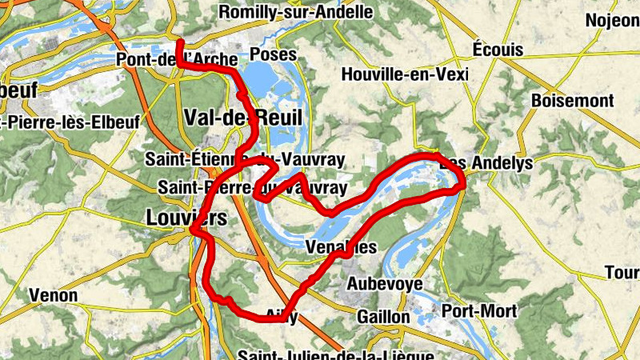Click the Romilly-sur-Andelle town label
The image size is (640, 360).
(x=295, y=12)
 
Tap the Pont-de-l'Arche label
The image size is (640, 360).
(x=177, y=60)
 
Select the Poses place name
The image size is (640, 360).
(x=273, y=55)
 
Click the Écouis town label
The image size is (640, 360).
(x=497, y=50)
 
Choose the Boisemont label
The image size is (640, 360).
(x=573, y=102)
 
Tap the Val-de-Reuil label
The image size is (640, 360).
(x=243, y=118)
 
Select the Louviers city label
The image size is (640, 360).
(x=186, y=217)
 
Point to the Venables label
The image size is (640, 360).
(x=341, y=248)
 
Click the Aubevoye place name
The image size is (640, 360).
(x=384, y=284)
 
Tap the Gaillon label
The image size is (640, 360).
(x=384, y=317)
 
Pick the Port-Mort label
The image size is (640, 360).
(x=479, y=311)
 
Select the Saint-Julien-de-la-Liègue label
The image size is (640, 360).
(x=336, y=354)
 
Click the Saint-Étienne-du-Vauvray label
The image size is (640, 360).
(x=244, y=160)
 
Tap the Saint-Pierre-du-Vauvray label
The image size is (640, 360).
(x=252, y=188)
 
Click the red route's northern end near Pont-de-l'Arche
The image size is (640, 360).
(x=179, y=41)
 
